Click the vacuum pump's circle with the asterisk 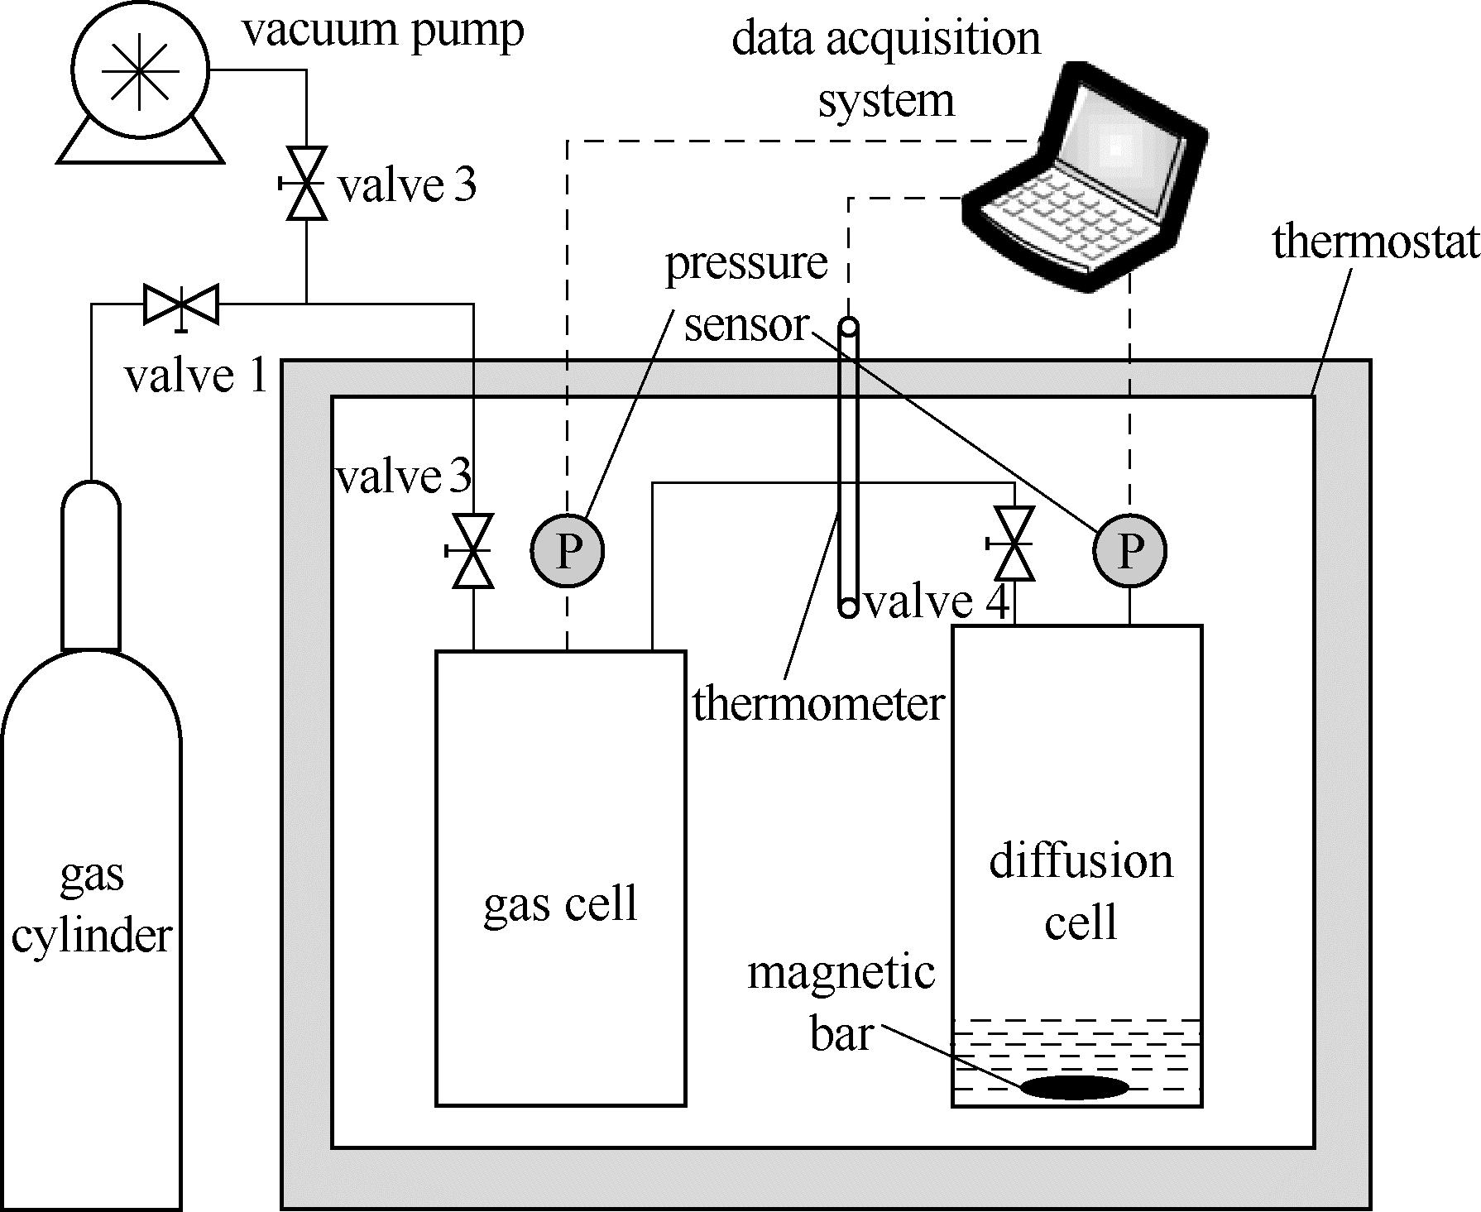[x=139, y=71]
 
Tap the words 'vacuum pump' [x=382, y=31]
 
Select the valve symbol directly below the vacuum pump [x=306, y=184]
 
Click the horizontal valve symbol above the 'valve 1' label [x=181, y=304]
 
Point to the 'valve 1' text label [x=196, y=376]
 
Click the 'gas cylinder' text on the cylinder [x=91, y=906]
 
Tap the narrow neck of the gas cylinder [x=91, y=571]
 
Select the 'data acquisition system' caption [x=885, y=69]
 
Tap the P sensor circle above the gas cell [x=568, y=551]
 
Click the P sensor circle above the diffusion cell [x=1130, y=551]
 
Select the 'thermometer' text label [x=818, y=705]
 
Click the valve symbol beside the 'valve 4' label [x=1014, y=544]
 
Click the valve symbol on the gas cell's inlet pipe [x=473, y=551]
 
